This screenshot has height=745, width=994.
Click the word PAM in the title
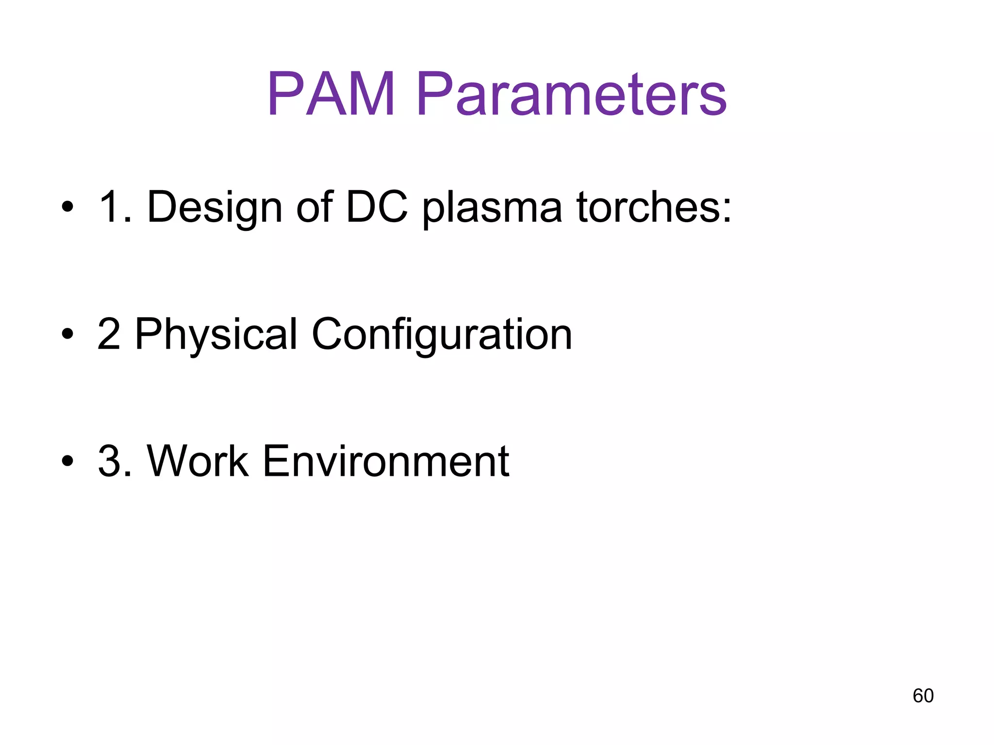click(x=331, y=95)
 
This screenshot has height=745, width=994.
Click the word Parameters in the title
click(x=571, y=95)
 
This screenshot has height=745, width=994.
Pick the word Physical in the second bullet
click(x=216, y=335)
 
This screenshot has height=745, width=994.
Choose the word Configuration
click(x=442, y=335)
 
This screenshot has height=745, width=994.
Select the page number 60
click(x=923, y=696)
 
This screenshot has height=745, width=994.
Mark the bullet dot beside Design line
click(x=67, y=208)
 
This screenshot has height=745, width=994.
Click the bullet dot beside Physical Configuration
click(x=67, y=334)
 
